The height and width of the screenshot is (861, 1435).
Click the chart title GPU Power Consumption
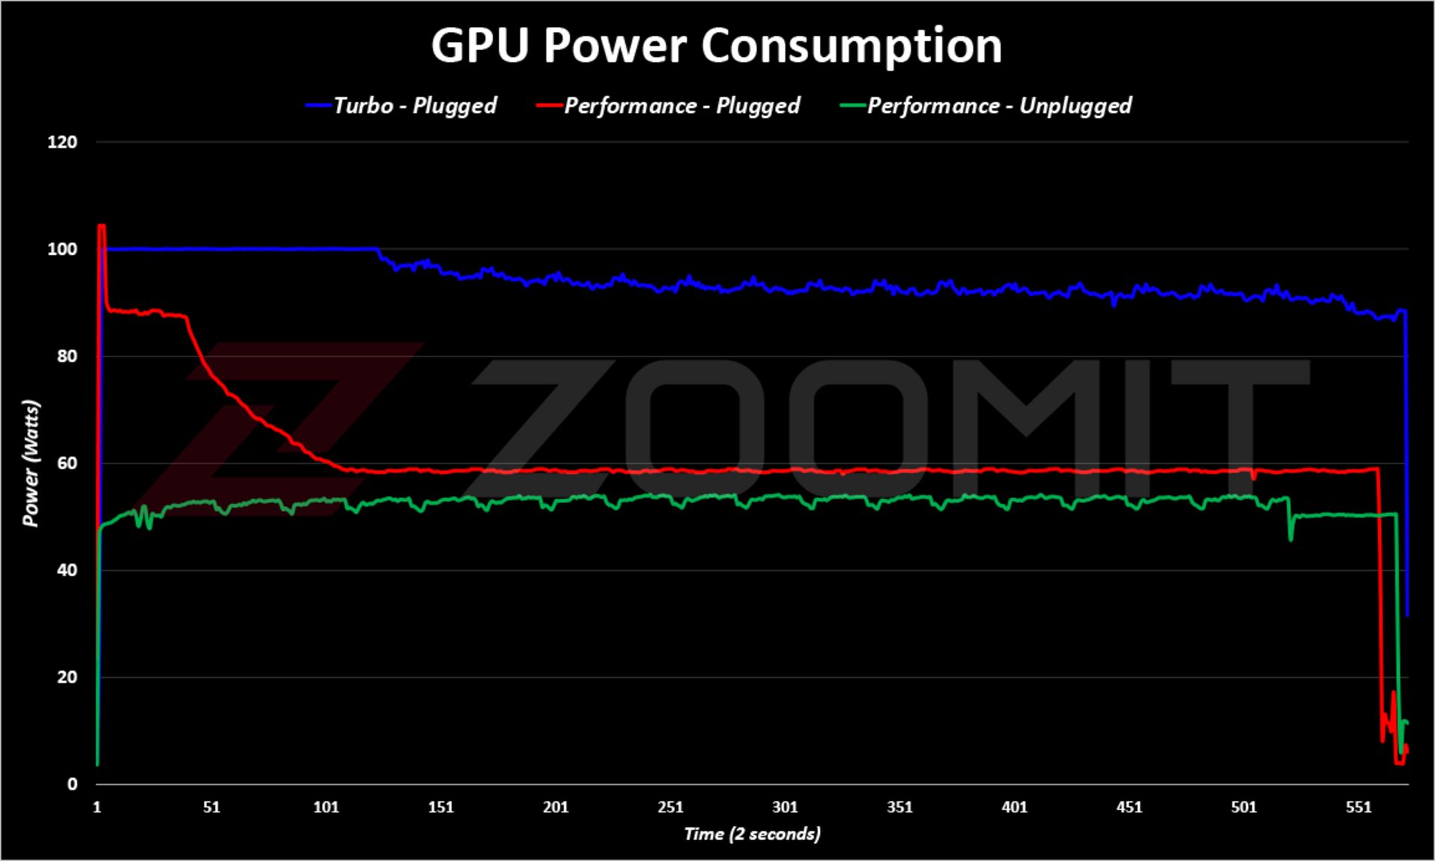coord(716,46)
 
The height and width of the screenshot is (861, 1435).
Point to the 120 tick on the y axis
coord(62,142)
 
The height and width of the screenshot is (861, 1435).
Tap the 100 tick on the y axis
coord(62,249)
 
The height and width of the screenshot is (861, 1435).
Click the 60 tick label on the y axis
coord(67,463)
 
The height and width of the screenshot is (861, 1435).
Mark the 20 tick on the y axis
coord(67,677)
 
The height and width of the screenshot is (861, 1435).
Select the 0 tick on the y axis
coord(72,784)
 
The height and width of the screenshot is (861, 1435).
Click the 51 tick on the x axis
coord(212,807)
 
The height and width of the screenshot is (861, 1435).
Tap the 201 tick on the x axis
coord(555,807)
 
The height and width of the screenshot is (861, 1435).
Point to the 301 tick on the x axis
coord(785,807)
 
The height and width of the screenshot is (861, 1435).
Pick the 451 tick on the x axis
coord(1129,807)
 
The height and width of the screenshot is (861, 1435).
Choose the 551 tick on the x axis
coord(1359,807)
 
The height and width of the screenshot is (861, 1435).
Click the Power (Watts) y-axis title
coord(31,463)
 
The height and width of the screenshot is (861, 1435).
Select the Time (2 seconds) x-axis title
coord(752,834)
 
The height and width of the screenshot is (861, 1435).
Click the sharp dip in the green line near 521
coord(1291,537)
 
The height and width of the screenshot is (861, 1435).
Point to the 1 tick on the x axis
coord(97,807)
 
